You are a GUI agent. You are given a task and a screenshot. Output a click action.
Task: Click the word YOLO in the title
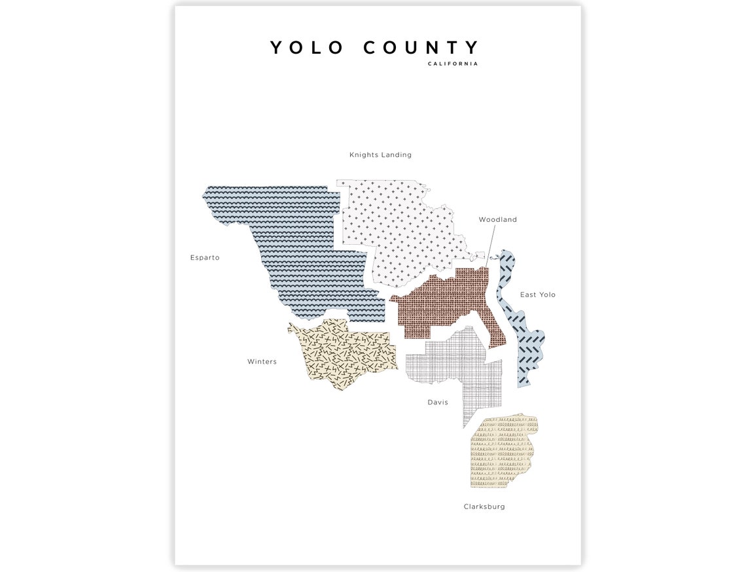pyautogui.click(x=307, y=48)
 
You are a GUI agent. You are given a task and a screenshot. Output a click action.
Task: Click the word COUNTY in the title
pyautogui.click(x=421, y=48)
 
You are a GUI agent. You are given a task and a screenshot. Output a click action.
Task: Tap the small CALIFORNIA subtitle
pyautogui.click(x=453, y=63)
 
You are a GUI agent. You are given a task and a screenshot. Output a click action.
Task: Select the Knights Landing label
pyautogui.click(x=380, y=155)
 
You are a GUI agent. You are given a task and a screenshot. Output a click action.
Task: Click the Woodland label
pyautogui.click(x=497, y=220)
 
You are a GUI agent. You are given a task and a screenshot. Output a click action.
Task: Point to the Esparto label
pyautogui.click(x=205, y=258)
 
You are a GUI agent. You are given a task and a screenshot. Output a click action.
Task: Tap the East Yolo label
pyautogui.click(x=537, y=295)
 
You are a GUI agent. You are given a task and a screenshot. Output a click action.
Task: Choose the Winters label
pyautogui.click(x=262, y=362)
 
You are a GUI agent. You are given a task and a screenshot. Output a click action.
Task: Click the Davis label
pyautogui.click(x=438, y=402)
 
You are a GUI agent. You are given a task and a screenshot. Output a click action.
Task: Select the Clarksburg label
pyautogui.click(x=484, y=507)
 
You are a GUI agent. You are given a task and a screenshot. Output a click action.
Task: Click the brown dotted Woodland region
pyautogui.click(x=445, y=304)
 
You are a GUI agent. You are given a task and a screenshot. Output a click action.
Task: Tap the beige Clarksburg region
pyautogui.click(x=501, y=452)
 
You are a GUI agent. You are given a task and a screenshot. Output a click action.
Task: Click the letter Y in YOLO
pyautogui.click(x=277, y=48)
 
